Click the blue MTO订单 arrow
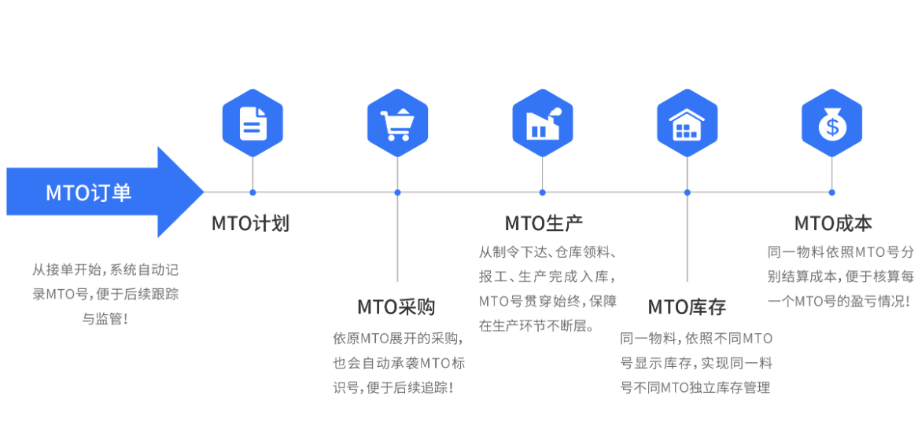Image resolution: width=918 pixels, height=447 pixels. click(x=102, y=192)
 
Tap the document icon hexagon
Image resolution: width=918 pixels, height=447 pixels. click(x=253, y=123)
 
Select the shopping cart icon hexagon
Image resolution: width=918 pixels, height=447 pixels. click(x=397, y=123)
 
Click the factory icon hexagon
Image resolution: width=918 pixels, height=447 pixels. click(x=542, y=123)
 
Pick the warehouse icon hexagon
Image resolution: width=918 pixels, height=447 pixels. click(x=687, y=123)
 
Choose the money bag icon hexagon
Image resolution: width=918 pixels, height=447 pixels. click(x=831, y=123)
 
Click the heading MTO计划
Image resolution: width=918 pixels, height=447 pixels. click(x=250, y=224)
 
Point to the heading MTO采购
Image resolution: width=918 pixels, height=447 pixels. click(x=396, y=307)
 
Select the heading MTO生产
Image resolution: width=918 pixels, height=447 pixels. click(x=544, y=224)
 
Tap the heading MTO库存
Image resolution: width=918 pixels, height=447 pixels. click(x=687, y=307)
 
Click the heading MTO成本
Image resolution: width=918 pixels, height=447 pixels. click(x=833, y=224)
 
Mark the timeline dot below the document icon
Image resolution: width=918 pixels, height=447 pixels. click(x=253, y=192)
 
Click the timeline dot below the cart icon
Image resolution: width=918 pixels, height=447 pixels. click(x=397, y=192)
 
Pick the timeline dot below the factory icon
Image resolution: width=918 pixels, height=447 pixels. click(x=542, y=192)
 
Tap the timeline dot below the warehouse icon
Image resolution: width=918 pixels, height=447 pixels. click(x=687, y=192)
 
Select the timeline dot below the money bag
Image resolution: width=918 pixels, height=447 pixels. click(x=831, y=192)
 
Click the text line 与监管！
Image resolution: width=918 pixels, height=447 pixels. click(x=105, y=319)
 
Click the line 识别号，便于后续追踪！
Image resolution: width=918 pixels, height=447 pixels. click(x=393, y=387)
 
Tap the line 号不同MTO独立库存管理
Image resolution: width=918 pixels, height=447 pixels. click(x=695, y=387)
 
